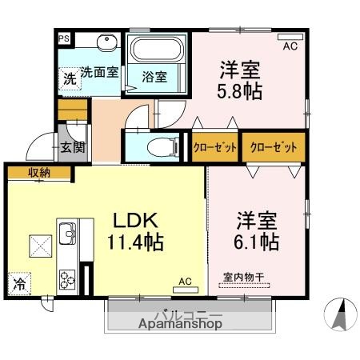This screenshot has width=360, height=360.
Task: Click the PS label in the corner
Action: [x=63, y=36]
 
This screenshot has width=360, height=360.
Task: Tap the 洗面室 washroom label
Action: [x=99, y=71]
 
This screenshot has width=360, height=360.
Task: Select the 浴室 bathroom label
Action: [x=154, y=77]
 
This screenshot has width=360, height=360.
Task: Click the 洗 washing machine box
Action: [x=70, y=78]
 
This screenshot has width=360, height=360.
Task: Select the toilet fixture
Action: [x=162, y=146]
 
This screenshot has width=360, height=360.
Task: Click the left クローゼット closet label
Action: [x=214, y=147]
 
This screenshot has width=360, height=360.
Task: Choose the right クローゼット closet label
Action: [x=274, y=147]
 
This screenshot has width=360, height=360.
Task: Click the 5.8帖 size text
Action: [x=240, y=90]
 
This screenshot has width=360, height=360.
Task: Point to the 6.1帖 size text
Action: [x=257, y=242]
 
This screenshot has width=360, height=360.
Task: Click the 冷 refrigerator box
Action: [x=18, y=282]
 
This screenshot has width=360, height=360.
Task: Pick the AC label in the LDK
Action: [x=185, y=282]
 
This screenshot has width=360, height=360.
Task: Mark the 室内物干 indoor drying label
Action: [x=243, y=278]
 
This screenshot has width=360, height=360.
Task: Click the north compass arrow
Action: [x=339, y=313]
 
